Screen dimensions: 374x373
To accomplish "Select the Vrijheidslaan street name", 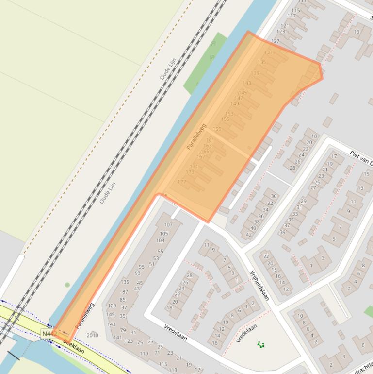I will [259, 286].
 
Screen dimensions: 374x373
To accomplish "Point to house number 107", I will [168, 225].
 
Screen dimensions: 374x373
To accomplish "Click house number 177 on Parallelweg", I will [182, 182].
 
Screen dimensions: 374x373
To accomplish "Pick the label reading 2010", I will [92, 335].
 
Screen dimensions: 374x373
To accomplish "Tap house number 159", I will [217, 129].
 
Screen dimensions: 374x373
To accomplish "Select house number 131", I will [268, 52].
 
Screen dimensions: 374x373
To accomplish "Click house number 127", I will [276, 41].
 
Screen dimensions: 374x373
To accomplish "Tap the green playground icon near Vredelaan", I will [261, 345].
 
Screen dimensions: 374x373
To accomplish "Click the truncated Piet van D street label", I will [360, 158].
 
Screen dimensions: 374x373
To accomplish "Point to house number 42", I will [249, 234].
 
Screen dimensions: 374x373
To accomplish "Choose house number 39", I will [282, 232].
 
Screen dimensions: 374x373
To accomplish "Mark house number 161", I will [210, 140].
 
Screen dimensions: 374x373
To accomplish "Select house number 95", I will [142, 267].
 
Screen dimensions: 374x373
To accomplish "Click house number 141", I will [117, 337].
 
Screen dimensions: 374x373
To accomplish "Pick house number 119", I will [144, 353].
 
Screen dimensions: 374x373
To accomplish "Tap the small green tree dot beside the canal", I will [67, 285].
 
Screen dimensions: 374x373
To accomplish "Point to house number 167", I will [201, 157].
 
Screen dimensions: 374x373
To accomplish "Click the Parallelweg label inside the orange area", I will [196, 136].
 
